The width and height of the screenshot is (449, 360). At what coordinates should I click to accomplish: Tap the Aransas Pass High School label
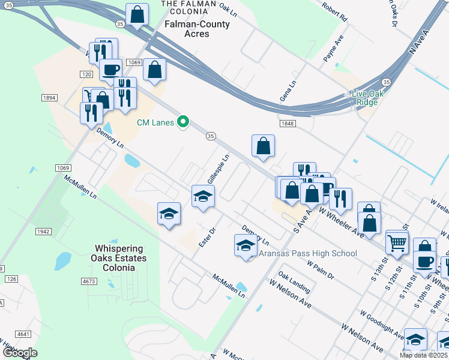307,253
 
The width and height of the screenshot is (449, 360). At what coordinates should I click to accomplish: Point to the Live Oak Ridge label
364,98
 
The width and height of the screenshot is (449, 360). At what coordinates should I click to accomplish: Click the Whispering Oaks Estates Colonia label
119,258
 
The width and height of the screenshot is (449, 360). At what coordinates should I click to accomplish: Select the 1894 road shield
49,97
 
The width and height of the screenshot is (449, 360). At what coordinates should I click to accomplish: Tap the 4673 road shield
89,281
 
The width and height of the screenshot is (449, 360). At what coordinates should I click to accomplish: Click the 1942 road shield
42,231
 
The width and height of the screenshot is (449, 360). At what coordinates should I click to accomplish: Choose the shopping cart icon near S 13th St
397,242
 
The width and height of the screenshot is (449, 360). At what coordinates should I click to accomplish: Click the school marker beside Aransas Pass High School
245,245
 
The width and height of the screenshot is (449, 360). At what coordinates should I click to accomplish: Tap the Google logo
20,353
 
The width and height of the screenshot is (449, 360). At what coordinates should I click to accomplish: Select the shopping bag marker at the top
137,14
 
